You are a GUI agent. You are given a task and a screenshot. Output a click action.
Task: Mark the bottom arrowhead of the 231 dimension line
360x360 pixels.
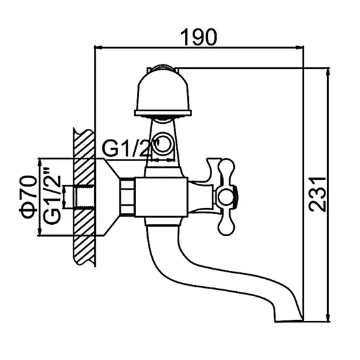(327, 319)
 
